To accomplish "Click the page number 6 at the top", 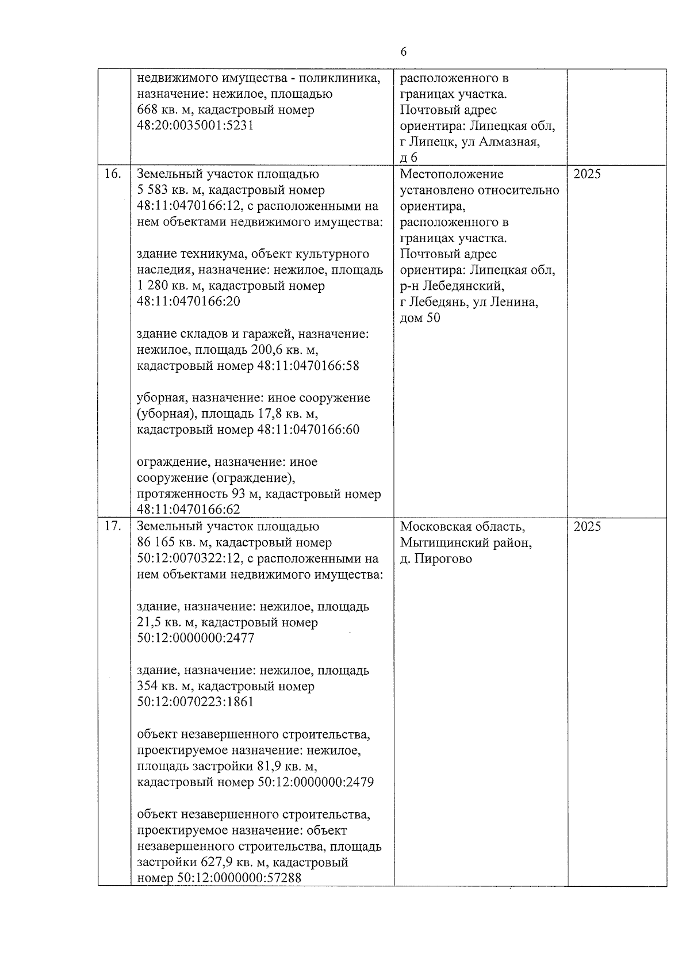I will tap(403, 52).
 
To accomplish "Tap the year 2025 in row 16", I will tap(587, 174).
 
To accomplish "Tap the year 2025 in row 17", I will tap(587, 526).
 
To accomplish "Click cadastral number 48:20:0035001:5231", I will tap(195, 125).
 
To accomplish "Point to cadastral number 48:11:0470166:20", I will tap(189, 301).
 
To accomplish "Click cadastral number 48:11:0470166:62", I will tap(189, 510).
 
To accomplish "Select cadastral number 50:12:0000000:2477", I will tap(195, 638).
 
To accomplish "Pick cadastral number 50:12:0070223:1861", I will tap(195, 702).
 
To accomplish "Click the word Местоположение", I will tap(451, 174).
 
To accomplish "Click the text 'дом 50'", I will tap(420, 317).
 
